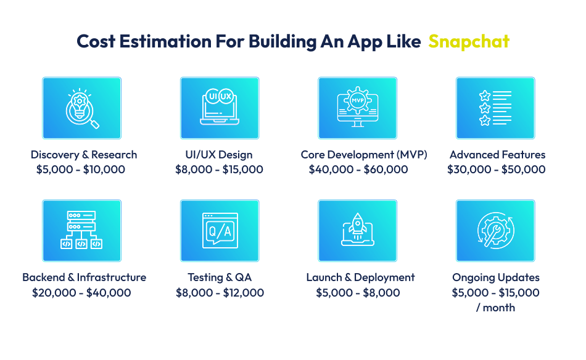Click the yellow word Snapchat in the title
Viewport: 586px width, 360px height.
(x=469, y=41)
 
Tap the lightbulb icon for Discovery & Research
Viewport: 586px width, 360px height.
(x=81, y=108)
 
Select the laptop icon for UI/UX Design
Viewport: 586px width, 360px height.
(x=220, y=108)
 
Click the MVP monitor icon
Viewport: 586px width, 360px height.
(x=357, y=108)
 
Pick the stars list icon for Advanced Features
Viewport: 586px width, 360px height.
(x=495, y=108)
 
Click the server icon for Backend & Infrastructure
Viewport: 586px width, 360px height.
(x=81, y=231)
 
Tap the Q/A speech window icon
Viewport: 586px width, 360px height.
(x=220, y=231)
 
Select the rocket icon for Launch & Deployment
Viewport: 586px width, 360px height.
(x=357, y=231)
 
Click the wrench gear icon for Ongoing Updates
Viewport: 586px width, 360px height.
(x=495, y=231)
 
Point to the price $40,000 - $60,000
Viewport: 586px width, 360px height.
(x=358, y=170)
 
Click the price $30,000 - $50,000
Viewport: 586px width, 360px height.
(x=496, y=170)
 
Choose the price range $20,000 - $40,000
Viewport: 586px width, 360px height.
(x=81, y=293)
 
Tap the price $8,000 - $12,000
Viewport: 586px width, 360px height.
(x=220, y=293)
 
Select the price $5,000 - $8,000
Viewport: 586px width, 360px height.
(x=358, y=293)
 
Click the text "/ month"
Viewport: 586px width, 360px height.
(x=495, y=308)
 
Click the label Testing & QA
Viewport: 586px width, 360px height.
(x=220, y=277)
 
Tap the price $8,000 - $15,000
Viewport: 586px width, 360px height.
(x=219, y=170)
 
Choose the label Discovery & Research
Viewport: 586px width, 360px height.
(x=84, y=155)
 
